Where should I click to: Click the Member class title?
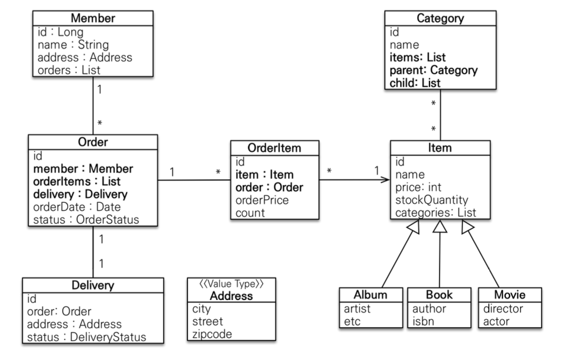pyautogui.click(x=93, y=18)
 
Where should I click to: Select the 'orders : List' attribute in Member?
pyautogui.click(x=69, y=70)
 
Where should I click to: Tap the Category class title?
pyautogui.click(x=440, y=18)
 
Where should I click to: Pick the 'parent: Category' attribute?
pyautogui.click(x=434, y=70)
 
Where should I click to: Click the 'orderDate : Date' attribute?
pyautogui.click(x=77, y=207)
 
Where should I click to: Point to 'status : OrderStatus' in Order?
pyautogui.click(x=86, y=220)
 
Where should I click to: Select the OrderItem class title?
pyautogui.click(x=274, y=148)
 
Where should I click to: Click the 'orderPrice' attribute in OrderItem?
pyautogui.click(x=262, y=200)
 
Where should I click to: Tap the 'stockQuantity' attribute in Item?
pyautogui.click(x=431, y=200)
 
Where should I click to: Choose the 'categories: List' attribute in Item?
pyautogui.click(x=436, y=212)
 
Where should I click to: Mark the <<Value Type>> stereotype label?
pyautogui.click(x=231, y=284)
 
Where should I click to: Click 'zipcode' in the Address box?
pyautogui.click(x=212, y=334)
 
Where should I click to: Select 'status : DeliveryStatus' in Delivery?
pyautogui.click(x=86, y=337)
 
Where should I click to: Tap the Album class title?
pyautogui.click(x=370, y=294)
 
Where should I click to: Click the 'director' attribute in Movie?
pyautogui.click(x=503, y=308)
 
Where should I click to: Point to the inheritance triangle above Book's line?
pyautogui.click(x=440, y=226)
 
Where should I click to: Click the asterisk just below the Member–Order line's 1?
pyautogui.click(x=100, y=123)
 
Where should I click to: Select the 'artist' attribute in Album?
pyautogui.click(x=357, y=308)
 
